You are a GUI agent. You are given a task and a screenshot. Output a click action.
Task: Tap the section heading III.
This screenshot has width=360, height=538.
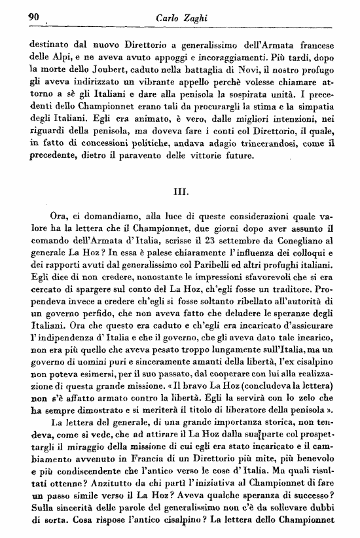point(180,192)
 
